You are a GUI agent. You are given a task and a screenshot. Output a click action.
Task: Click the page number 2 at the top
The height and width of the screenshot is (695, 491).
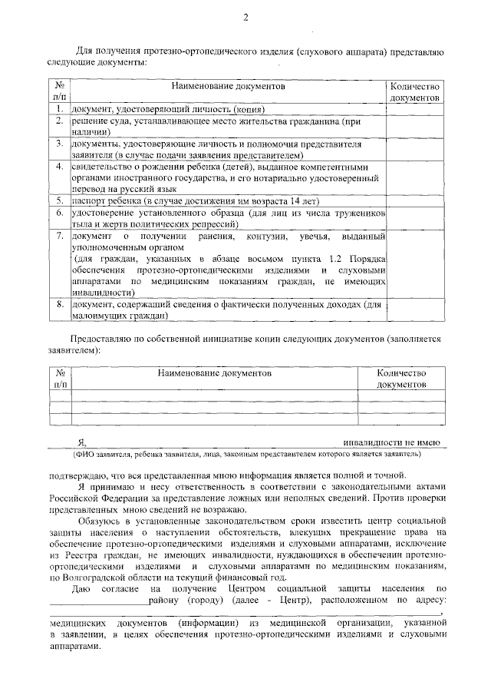point(245,18)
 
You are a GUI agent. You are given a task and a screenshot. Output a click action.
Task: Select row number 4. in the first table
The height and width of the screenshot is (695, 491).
point(59,166)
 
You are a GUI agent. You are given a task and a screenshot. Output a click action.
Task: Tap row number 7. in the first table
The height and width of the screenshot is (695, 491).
point(59,236)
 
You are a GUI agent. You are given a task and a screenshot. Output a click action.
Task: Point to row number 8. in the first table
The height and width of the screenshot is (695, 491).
point(59,305)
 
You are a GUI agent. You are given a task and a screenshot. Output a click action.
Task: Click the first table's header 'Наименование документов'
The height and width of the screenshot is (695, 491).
point(229,88)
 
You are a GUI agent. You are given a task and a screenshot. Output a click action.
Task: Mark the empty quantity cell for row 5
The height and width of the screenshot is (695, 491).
point(414,200)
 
